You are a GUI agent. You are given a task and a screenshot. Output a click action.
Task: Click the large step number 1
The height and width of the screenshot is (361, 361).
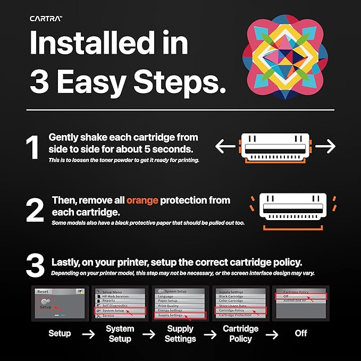tap(33, 148)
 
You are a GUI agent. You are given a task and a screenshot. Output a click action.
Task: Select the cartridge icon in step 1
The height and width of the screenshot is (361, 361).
tap(275, 146)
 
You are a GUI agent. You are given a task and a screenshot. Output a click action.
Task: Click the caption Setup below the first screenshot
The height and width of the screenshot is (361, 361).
tap(60, 334)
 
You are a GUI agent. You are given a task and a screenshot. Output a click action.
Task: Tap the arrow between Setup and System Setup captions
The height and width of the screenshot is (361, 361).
tap(89, 334)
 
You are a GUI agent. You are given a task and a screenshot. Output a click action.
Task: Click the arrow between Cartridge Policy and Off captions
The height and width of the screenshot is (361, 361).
tap(272, 334)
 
